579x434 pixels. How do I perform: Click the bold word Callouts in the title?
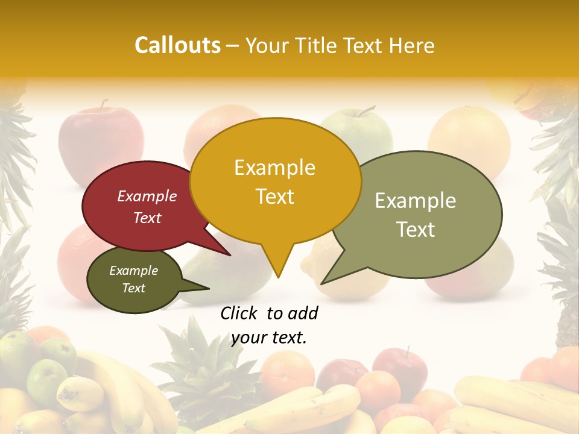point(177,45)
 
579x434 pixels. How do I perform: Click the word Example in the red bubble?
point(147,197)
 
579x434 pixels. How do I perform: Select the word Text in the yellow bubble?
point(275,197)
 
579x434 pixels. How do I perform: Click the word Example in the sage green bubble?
point(415,201)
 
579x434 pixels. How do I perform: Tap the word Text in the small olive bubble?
point(134,288)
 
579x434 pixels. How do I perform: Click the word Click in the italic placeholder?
point(239,313)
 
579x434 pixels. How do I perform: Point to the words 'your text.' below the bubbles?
point(269,338)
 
